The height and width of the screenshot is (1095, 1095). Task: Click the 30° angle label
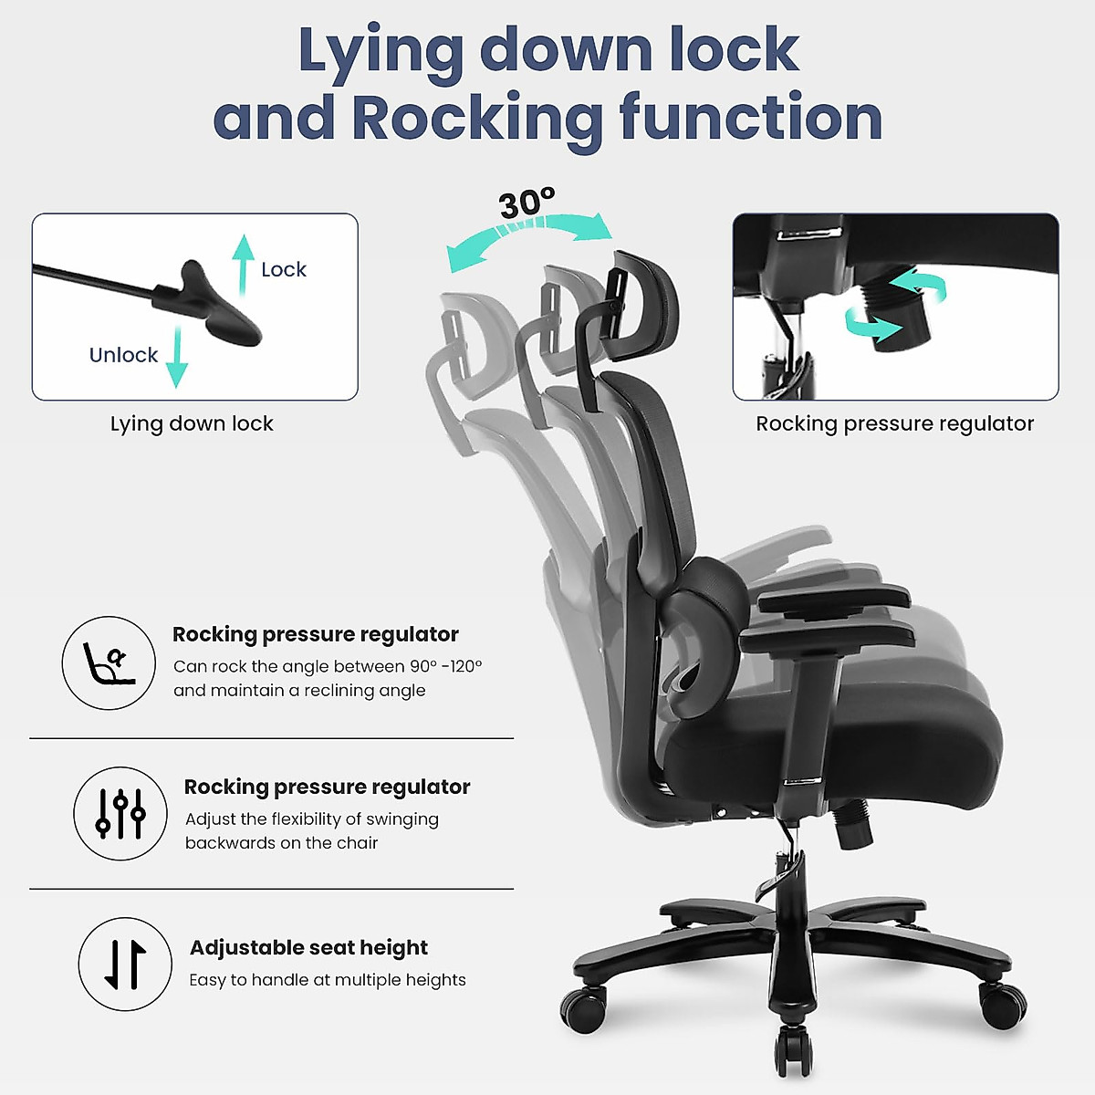click(x=527, y=203)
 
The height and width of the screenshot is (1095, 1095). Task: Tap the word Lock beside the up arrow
click(x=283, y=269)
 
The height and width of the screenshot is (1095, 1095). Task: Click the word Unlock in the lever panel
click(x=123, y=355)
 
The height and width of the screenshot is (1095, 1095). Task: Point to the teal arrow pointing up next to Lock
click(x=243, y=265)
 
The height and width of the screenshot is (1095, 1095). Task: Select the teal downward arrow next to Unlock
click(x=176, y=358)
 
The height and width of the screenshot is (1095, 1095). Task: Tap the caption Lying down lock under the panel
click(x=192, y=423)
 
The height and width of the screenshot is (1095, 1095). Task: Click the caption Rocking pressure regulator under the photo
click(x=894, y=423)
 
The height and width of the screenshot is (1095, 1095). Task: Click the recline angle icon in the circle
click(x=109, y=663)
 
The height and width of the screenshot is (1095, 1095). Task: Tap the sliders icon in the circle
click(x=120, y=814)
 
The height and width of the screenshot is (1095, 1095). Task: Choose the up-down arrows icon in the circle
click(x=125, y=965)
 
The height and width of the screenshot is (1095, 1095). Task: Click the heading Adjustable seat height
click(x=308, y=947)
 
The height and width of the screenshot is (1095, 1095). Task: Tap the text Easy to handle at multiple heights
click(x=327, y=980)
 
